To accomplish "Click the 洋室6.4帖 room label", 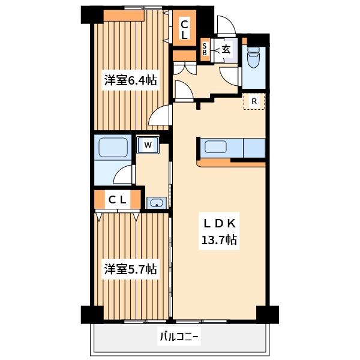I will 130,80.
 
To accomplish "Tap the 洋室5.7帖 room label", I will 130,269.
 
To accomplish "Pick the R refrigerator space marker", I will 254,101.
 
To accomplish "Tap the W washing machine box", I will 148,145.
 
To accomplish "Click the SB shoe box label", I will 205,49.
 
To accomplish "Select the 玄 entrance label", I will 226,49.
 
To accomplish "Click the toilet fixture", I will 253,58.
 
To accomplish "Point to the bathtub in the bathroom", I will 112,148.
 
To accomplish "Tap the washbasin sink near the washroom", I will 157,203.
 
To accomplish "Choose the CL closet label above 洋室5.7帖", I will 118,200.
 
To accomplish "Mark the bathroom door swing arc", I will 124,175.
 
